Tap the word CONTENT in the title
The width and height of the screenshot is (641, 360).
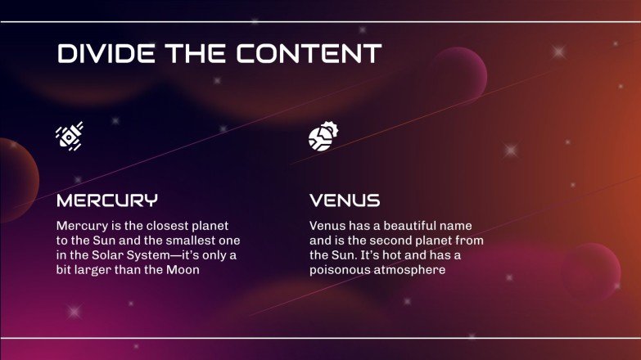(x=309, y=54)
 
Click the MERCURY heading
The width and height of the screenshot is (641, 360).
(x=106, y=200)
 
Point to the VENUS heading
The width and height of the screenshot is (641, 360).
(x=345, y=200)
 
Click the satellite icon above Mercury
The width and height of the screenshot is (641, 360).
(x=70, y=136)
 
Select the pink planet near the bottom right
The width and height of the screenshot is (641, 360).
(x=591, y=271)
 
